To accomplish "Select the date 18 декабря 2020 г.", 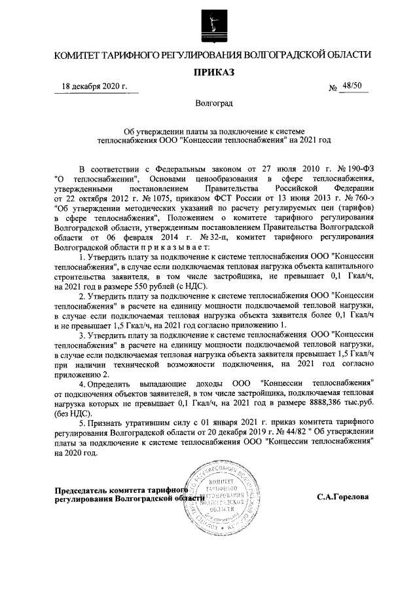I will tap(94, 86).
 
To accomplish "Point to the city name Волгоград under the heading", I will tap(209, 104).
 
